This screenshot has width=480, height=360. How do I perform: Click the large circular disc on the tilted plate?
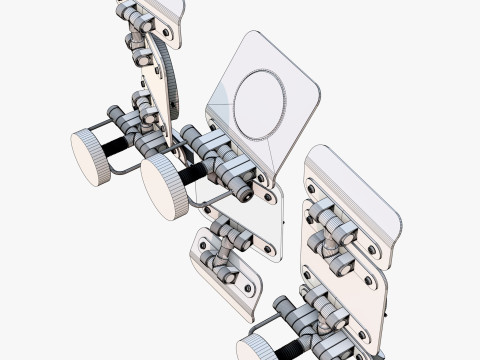pyautogui.click(x=260, y=103)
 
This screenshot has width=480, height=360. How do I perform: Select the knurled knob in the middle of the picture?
pyautogui.click(x=165, y=187)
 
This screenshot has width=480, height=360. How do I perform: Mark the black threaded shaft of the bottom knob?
pyautogui.click(x=289, y=348)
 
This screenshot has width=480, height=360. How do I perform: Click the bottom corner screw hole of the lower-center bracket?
pyautogui.click(x=247, y=290)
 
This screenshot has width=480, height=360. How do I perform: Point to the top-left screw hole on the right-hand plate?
pyautogui.click(x=311, y=187)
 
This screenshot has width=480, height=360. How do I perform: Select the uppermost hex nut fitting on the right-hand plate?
pyautogui.click(x=326, y=212)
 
